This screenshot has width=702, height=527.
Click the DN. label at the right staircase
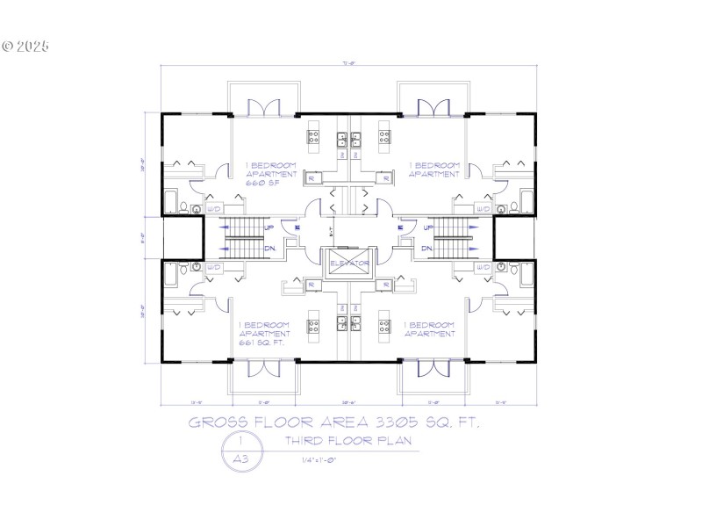[x=427, y=249]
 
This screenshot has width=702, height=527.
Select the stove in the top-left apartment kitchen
[x=313, y=137]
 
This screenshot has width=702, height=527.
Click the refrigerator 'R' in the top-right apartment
[x=383, y=178]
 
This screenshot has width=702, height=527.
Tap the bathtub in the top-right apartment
[x=526, y=200]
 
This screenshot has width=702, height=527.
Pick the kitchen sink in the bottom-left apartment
[x=341, y=315]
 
